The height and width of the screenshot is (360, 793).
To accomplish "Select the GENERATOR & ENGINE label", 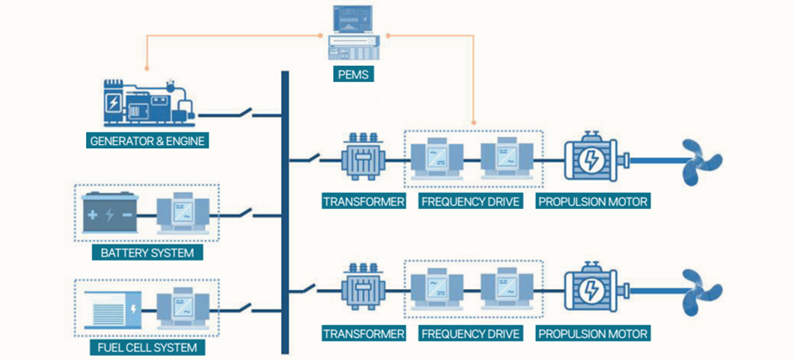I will tap(148, 141).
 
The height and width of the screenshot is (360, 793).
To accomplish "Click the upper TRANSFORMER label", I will tap(363, 201).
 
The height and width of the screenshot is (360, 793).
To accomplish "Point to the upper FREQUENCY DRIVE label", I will tap(471, 201).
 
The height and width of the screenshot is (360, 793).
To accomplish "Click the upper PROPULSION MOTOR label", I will tap(592, 201).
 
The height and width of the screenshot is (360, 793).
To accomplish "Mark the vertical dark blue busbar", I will tap(285, 211).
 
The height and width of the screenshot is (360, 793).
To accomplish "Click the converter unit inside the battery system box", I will tap(185, 213).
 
